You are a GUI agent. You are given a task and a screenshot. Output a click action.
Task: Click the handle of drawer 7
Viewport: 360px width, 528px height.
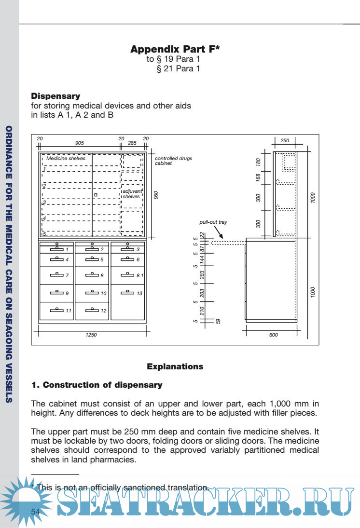tap(57, 275)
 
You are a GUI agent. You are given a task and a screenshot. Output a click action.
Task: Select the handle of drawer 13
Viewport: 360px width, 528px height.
tap(127, 292)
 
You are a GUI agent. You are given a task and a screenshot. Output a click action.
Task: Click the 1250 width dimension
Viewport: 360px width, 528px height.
tap(91, 335)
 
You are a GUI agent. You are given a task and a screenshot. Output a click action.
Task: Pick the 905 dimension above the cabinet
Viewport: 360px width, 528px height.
tap(80, 143)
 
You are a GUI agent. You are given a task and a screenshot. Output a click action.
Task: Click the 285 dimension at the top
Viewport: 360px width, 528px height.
tap(132, 143)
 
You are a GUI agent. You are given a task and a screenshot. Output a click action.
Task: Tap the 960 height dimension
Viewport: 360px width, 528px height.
tap(156, 195)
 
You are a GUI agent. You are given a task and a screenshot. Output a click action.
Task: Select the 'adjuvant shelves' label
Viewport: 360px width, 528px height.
tap(132, 194)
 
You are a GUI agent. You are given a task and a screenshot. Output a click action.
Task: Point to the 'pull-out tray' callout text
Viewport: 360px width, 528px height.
tap(213, 222)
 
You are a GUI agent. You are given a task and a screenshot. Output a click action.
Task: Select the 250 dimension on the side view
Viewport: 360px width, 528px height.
tap(285, 141)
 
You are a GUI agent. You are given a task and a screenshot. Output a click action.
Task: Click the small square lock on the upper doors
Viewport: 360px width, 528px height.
tap(96, 195)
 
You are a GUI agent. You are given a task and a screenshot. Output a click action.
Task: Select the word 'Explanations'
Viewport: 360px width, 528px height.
tap(175, 366)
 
